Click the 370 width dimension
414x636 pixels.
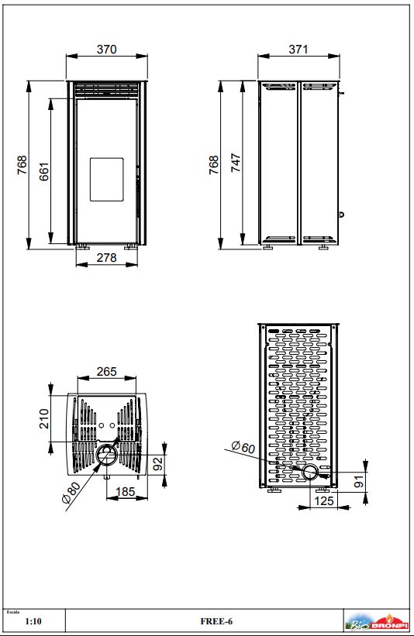107,49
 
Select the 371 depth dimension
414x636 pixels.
298,49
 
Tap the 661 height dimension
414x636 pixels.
44,171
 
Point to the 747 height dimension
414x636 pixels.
236,163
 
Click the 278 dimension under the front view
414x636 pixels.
107,257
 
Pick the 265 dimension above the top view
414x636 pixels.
107,371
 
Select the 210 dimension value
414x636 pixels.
44,418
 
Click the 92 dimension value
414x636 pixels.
157,463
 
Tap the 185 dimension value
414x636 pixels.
126,492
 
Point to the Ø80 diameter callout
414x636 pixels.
71,492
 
